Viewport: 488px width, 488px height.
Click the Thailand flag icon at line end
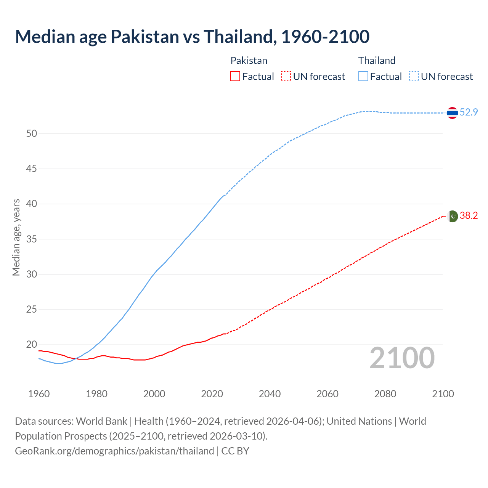click(x=452, y=113)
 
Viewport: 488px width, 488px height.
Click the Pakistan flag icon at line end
click(x=452, y=216)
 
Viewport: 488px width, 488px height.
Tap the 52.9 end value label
click(x=469, y=112)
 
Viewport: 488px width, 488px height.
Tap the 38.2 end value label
click(x=469, y=215)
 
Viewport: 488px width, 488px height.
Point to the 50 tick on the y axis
click(x=32, y=133)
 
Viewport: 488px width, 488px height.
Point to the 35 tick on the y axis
click(x=32, y=239)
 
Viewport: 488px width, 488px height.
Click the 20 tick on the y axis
click(x=32, y=345)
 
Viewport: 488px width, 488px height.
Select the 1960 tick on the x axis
click(x=39, y=394)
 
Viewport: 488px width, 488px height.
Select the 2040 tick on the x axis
click(x=270, y=394)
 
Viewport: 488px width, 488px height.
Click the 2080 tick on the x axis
click(x=385, y=394)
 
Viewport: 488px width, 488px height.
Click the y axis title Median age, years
click(x=16, y=237)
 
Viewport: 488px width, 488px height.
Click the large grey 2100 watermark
click(x=402, y=358)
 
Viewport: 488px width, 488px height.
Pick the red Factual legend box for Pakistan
click(x=235, y=76)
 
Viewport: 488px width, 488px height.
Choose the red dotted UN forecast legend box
click(x=286, y=76)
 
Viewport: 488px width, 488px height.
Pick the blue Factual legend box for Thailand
click(x=363, y=76)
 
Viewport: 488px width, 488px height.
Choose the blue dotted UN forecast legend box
click(x=414, y=76)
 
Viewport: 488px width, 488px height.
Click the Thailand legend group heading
click(x=377, y=61)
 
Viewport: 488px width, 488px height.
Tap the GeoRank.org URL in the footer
click(x=114, y=451)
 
